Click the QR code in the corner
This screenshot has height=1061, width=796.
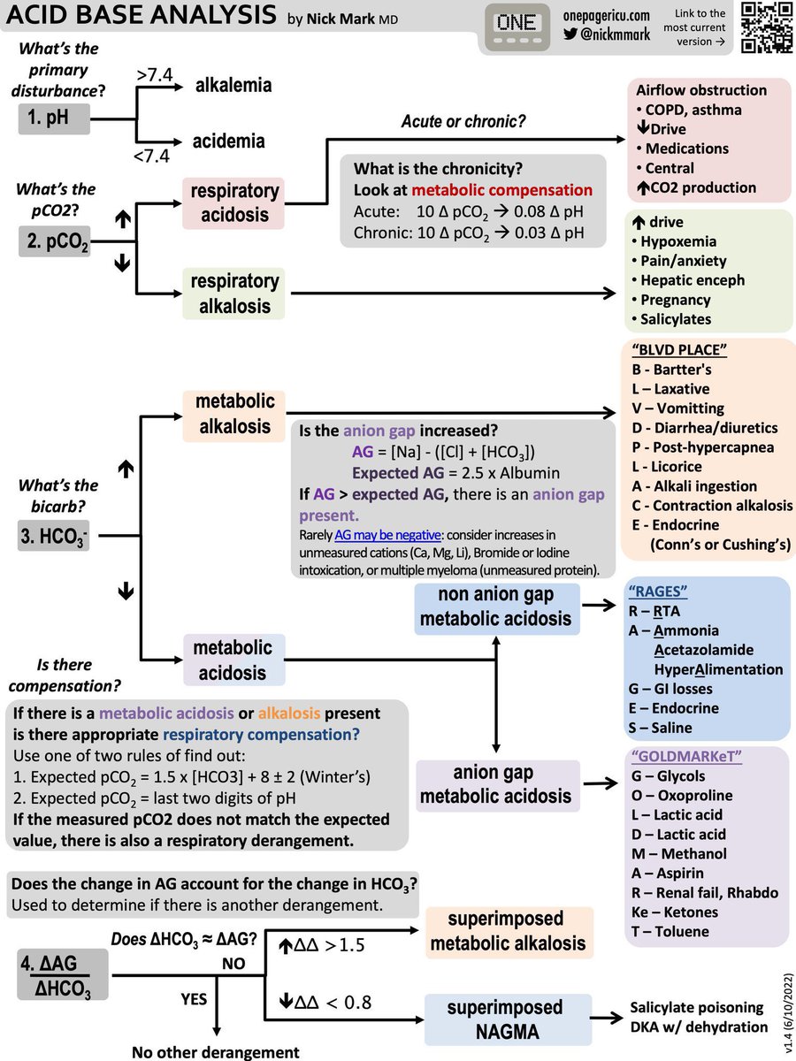pyautogui.click(x=767, y=27)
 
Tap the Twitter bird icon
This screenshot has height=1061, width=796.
pyautogui.click(x=570, y=34)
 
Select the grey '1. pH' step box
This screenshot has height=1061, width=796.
pyautogui.click(x=54, y=118)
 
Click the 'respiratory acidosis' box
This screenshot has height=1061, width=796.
pyautogui.click(x=233, y=203)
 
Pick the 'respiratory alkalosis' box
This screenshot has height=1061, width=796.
pyautogui.click(x=233, y=294)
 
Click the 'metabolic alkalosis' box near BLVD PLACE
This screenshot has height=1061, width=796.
pyautogui.click(x=233, y=416)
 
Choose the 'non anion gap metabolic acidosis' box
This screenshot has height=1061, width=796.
pyautogui.click(x=497, y=608)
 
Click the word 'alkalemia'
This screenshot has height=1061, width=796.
pyautogui.click(x=233, y=86)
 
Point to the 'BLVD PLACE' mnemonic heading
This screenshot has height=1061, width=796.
pyautogui.click(x=679, y=349)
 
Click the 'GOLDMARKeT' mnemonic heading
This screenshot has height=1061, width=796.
pyautogui.click(x=686, y=757)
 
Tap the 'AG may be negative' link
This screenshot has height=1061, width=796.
pyautogui.click(x=387, y=535)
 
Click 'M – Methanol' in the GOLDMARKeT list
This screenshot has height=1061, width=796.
pyautogui.click(x=678, y=853)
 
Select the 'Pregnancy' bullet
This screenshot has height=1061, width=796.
pyautogui.click(x=670, y=300)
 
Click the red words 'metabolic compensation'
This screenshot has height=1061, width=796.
pyautogui.click(x=501, y=190)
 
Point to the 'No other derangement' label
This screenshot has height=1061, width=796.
pyautogui.click(x=216, y=1052)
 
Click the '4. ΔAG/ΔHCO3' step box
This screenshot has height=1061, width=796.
pyautogui.click(x=63, y=974)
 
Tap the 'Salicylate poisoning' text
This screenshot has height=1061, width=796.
pyautogui.click(x=696, y=1007)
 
